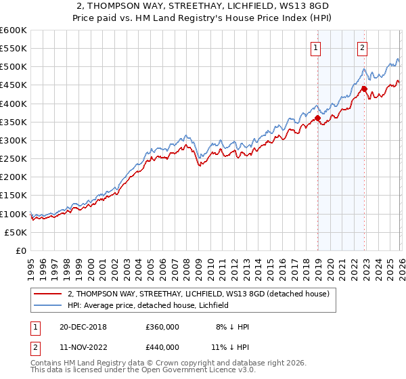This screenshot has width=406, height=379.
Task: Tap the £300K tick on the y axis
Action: pyautogui.click(x=14, y=140)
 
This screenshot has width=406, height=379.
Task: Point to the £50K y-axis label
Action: pyautogui.click(x=16, y=232)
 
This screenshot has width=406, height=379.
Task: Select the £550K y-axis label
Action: pyautogui.click(x=14, y=49)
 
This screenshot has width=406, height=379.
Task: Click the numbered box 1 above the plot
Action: pyautogui.click(x=316, y=47)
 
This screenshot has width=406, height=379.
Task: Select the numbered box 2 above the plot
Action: pyautogui.click(x=363, y=47)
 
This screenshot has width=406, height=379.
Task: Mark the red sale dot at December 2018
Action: pyautogui.click(x=318, y=118)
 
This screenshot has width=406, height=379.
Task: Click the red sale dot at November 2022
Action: pyautogui.click(x=364, y=89)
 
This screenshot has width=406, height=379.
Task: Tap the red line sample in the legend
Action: pyautogui.click(x=47, y=294)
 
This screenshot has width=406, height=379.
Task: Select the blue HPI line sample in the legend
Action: pyautogui.click(x=47, y=305)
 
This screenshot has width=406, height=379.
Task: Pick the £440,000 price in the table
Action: pyautogui.click(x=162, y=347)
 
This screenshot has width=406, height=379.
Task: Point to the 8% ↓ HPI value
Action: pyautogui.click(x=232, y=327)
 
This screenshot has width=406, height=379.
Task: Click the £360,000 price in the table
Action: pyautogui.click(x=162, y=327)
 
